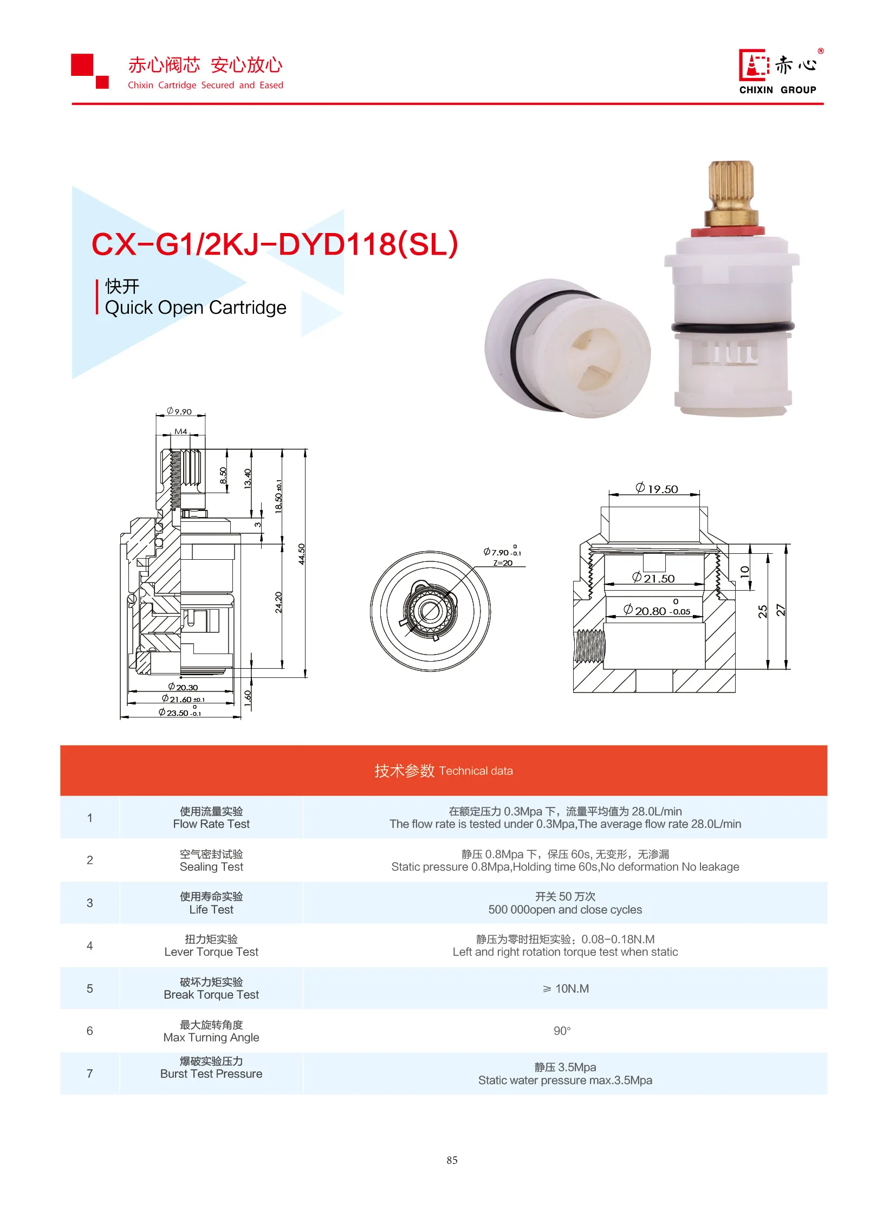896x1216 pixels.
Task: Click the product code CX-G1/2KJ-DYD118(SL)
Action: point(275,244)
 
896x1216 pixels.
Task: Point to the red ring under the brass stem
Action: point(728,232)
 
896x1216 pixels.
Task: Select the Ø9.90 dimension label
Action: point(179,411)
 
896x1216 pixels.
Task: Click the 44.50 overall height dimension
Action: point(302,554)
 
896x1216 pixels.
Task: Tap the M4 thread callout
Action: point(180,431)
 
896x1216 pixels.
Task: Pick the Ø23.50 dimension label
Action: point(179,713)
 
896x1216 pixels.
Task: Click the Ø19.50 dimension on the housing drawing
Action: point(657,489)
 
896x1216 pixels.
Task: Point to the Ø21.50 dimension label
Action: point(653,578)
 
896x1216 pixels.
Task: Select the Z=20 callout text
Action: point(503,563)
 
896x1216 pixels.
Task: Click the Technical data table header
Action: point(443,771)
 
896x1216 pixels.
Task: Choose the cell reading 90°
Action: point(562,1031)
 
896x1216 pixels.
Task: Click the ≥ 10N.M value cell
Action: point(565,988)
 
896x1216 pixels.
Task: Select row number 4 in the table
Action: point(89,946)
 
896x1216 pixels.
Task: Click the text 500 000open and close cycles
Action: point(564,910)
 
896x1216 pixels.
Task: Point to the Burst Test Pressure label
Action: point(211,1074)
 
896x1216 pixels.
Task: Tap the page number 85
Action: point(452,1160)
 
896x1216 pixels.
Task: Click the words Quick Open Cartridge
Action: point(195,308)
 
